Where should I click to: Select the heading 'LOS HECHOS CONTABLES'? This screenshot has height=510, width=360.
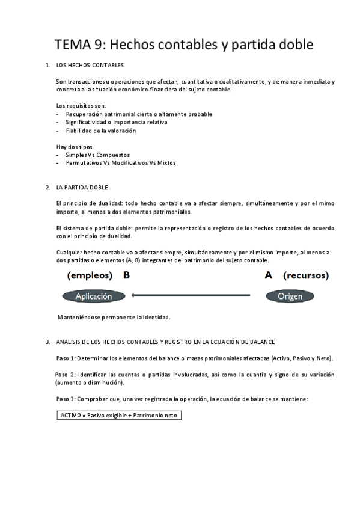(90, 64)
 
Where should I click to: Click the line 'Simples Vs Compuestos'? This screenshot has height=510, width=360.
(97, 155)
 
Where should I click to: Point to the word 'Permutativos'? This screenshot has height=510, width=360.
(84, 163)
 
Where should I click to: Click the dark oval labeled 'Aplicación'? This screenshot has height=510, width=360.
(93, 296)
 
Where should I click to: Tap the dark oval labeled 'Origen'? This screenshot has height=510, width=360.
(291, 296)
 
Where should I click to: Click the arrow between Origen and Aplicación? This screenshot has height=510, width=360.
(191, 295)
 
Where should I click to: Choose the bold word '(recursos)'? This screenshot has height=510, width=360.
(307, 276)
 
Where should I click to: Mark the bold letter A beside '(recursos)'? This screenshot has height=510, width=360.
(269, 276)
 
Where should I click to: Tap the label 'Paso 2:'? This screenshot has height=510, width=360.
(66, 375)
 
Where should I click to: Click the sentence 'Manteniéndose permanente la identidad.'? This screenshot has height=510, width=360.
(114, 317)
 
